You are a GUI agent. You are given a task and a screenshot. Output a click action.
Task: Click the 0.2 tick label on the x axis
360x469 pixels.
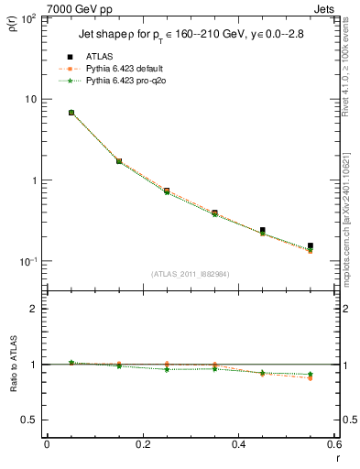(142, 445)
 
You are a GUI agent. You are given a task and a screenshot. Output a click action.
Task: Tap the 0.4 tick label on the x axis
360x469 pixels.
(238, 445)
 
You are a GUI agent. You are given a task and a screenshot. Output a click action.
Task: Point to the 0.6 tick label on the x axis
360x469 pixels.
(333, 445)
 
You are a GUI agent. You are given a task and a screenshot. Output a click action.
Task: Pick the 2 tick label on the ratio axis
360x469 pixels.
(33, 309)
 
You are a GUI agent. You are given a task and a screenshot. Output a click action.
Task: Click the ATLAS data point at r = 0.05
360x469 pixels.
(71, 113)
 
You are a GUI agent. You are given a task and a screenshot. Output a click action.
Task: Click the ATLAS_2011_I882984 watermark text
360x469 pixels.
(191, 274)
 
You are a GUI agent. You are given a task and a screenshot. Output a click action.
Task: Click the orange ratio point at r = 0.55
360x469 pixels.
(311, 378)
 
